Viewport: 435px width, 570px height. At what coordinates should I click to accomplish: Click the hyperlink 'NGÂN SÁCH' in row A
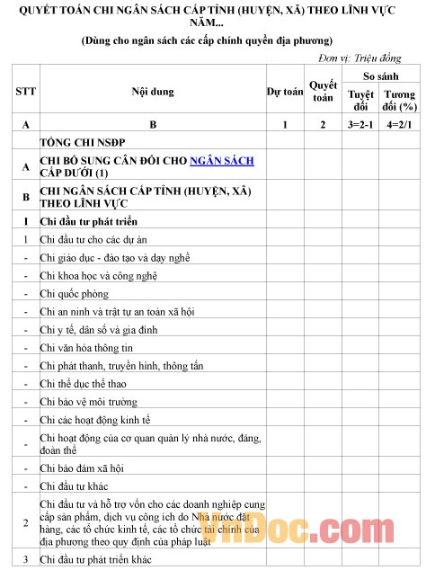222,160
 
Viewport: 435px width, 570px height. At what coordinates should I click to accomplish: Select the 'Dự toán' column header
285,92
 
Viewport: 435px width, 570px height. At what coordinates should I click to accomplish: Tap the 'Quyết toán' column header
323,92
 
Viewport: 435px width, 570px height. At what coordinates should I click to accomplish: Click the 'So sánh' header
380,77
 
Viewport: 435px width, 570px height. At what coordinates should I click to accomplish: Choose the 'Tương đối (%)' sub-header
400,100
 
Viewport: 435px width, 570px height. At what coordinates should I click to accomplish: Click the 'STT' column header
25,92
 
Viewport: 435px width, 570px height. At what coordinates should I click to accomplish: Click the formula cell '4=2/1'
400,124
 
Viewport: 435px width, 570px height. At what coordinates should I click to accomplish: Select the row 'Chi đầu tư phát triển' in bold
89,221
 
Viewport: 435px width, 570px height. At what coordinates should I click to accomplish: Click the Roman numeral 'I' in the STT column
25,221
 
